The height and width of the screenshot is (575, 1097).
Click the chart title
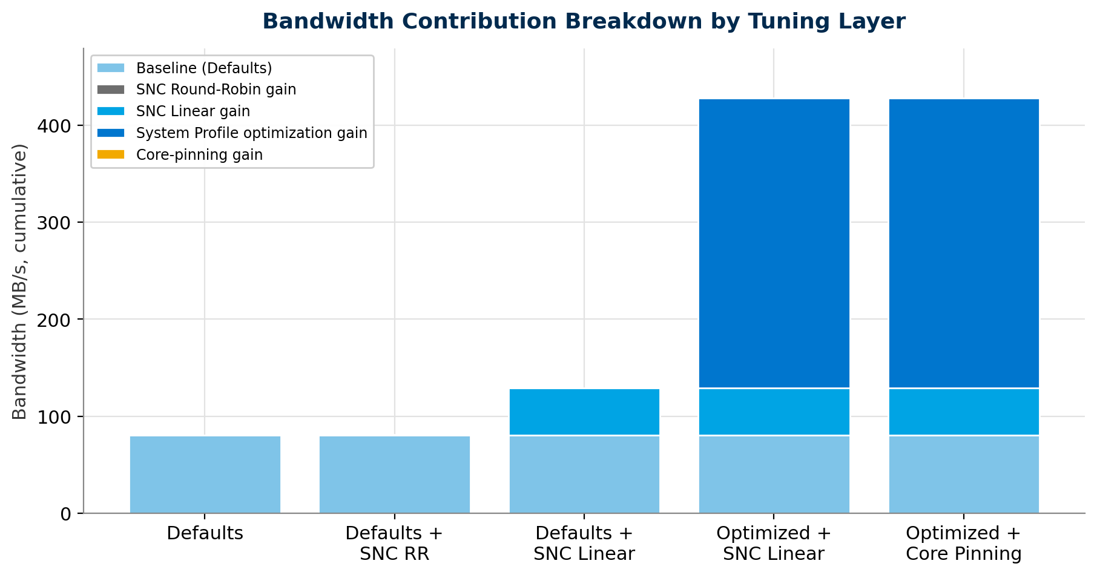584,22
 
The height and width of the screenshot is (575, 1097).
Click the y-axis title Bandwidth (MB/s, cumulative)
20,281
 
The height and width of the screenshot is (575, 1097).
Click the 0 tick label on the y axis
67,514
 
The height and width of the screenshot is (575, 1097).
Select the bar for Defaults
205,475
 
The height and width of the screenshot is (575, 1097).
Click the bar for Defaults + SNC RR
395,475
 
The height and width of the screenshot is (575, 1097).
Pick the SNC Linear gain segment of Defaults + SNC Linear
584,412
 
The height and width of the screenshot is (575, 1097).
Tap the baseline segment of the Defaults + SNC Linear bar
584,475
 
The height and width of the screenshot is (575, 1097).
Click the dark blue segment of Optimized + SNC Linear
774,243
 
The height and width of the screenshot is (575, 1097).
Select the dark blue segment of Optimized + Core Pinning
964,243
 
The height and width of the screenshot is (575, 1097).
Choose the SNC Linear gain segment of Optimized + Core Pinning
964,412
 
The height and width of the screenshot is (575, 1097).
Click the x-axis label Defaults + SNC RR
395,544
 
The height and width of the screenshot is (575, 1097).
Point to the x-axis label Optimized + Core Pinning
964,544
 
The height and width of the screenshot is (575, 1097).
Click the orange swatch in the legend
111,155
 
